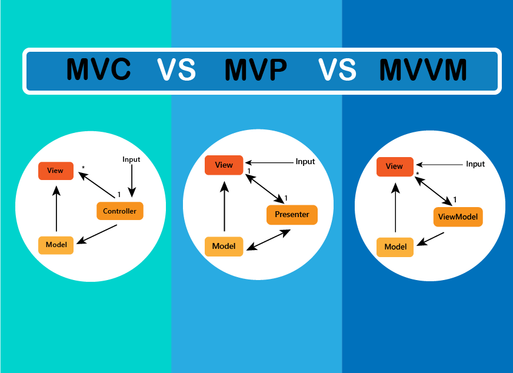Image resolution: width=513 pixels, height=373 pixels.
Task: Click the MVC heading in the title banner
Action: (x=98, y=69)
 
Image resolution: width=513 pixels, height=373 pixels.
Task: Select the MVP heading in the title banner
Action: (x=256, y=69)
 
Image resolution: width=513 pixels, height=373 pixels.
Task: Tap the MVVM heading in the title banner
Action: (x=423, y=69)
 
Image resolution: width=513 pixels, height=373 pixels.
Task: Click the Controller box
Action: (x=120, y=211)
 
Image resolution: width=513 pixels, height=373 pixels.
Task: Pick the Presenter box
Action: (x=292, y=215)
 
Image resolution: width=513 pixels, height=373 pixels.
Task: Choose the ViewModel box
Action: (x=458, y=217)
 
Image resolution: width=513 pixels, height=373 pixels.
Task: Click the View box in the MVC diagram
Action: (x=56, y=171)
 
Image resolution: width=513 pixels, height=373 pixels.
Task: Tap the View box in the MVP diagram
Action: (x=224, y=165)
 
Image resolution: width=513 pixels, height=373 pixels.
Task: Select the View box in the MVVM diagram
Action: (x=395, y=166)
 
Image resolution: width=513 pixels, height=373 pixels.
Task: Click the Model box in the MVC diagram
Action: (x=56, y=245)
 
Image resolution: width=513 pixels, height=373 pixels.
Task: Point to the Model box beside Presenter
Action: (x=224, y=247)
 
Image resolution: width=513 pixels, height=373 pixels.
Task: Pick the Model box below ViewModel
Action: (x=395, y=247)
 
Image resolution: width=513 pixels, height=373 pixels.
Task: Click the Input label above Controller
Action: (x=131, y=159)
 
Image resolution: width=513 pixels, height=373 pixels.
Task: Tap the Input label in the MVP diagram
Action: (x=305, y=162)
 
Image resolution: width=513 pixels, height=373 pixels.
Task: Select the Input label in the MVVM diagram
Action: (x=475, y=164)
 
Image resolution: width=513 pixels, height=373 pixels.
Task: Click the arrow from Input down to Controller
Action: (x=132, y=181)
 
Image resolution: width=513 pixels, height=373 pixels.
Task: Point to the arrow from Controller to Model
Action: (x=97, y=234)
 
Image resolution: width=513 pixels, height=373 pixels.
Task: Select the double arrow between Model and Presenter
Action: (x=268, y=240)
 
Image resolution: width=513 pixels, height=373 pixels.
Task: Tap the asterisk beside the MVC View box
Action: (x=83, y=168)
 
